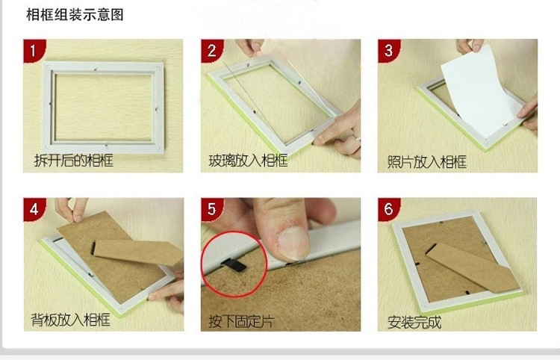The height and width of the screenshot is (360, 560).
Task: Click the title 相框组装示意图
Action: (x=75, y=15)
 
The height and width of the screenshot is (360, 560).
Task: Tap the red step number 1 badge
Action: (x=34, y=51)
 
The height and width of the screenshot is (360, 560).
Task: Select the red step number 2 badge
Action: (x=211, y=51)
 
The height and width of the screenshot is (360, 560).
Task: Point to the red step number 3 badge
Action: (x=388, y=51)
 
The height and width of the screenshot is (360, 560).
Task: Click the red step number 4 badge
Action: (x=34, y=209)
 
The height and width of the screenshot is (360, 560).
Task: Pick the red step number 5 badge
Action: (x=211, y=209)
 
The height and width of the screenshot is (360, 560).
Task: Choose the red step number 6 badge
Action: (x=388, y=209)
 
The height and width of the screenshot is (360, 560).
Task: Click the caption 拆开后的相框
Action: (x=74, y=161)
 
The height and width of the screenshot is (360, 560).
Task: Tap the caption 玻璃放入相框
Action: (x=248, y=161)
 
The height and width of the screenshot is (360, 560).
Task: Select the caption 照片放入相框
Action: (x=427, y=162)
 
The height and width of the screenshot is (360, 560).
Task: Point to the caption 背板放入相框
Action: (x=70, y=319)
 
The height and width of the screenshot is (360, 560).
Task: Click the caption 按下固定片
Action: (x=241, y=321)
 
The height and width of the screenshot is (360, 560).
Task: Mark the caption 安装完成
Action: (x=414, y=323)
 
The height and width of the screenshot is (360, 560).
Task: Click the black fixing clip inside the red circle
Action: (x=234, y=264)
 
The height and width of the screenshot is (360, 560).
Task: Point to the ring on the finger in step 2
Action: (x=358, y=138)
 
